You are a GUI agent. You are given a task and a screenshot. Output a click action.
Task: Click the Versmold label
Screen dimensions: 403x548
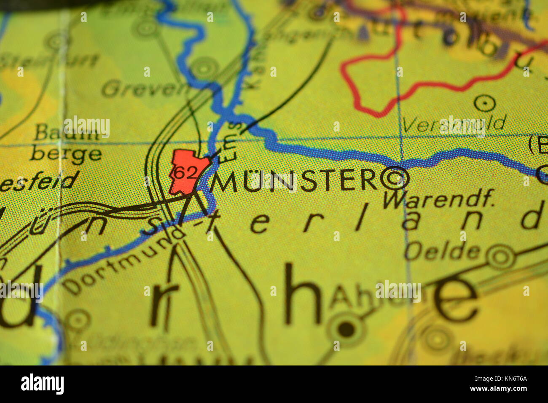453,124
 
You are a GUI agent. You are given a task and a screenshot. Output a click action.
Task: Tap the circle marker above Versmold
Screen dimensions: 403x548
484,102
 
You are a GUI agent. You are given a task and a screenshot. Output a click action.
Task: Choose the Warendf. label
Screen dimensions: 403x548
438,199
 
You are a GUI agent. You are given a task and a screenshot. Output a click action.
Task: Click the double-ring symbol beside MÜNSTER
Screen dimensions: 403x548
395,178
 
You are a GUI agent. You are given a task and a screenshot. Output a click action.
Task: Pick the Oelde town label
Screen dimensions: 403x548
442,251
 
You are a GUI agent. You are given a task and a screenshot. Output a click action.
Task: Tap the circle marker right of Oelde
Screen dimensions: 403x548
500,255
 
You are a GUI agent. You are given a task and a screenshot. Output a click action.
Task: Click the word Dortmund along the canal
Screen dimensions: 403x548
122,261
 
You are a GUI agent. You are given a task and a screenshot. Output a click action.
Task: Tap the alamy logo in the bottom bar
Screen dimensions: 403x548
42,384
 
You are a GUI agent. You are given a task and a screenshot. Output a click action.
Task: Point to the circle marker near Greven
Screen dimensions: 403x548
204,67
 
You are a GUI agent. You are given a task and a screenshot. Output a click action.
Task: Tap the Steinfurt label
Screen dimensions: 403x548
48,61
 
